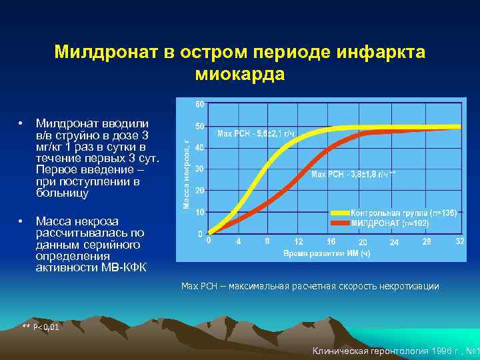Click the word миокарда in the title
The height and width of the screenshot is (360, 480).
pos(240,73)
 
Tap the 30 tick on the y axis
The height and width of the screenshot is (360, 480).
pos(199,169)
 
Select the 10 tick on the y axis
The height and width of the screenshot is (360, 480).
pos(199,212)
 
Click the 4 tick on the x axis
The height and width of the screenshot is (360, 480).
pos(238,241)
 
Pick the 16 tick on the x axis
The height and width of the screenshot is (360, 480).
pos(331,241)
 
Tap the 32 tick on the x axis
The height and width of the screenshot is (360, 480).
pos(459,241)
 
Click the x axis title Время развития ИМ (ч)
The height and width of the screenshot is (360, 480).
pos(326,253)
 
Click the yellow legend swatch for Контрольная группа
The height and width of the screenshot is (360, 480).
pos(345,213)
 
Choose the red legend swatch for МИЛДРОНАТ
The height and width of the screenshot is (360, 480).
pos(345,223)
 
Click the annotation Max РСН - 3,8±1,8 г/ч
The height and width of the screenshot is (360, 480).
pos(353,175)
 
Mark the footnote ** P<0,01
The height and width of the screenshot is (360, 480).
pos(41,327)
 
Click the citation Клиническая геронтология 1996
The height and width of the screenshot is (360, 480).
pos(393,351)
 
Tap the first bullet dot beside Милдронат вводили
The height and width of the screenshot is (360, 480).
pos(22,124)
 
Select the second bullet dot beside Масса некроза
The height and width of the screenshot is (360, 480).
pos(22,221)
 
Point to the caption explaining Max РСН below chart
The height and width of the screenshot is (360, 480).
pos(310,286)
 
